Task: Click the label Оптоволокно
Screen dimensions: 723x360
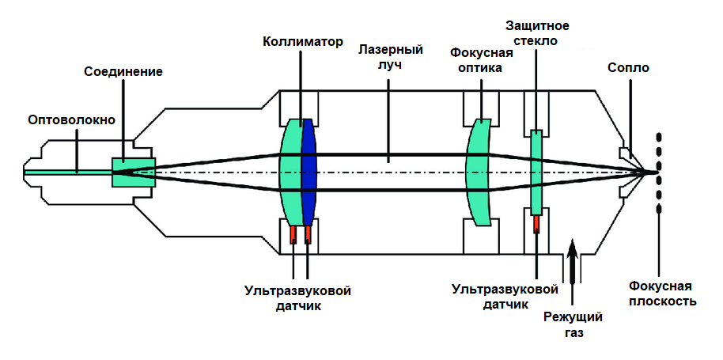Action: tap(71, 119)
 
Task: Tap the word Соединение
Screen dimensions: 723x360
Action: tap(123, 72)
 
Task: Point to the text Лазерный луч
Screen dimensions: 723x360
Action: tap(391, 56)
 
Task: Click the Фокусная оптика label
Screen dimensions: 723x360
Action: tap(481, 60)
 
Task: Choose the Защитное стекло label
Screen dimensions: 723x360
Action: tap(538, 32)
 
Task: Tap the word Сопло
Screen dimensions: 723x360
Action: tap(629, 68)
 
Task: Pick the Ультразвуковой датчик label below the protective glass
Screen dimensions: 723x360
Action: tap(505, 298)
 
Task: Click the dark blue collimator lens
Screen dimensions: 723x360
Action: tap(309, 172)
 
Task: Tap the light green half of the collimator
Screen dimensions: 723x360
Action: tap(290, 172)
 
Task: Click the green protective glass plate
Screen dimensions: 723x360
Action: tap(536, 172)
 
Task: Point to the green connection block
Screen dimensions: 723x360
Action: tap(133, 172)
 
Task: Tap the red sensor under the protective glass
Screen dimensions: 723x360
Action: tap(536, 224)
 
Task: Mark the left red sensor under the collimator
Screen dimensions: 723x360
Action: tap(293, 235)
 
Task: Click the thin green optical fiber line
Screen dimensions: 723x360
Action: tap(68, 172)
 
